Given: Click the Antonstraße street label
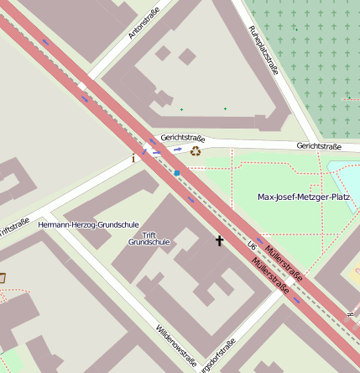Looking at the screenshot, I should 143,23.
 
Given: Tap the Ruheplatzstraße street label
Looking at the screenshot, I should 263,50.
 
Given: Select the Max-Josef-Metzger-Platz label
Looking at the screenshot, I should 303,197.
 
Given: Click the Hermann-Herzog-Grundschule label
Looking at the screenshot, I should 89,225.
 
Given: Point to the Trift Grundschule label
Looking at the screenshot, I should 149,238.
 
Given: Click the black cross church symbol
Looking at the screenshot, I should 220,241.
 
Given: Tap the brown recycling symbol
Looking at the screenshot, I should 196,151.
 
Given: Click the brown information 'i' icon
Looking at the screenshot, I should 133,157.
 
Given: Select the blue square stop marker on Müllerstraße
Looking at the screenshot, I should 177,173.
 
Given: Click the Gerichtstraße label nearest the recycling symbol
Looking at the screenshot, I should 183,136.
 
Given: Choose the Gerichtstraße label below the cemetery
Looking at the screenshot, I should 319,146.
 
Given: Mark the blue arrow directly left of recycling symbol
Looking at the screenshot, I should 178,149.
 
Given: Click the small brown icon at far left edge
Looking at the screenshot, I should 3,277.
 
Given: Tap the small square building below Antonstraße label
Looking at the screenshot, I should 187,56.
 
